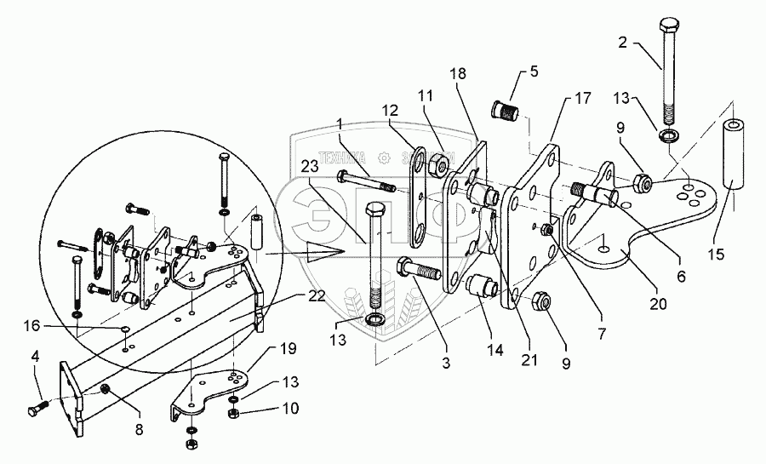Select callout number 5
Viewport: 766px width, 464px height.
[x=534, y=72]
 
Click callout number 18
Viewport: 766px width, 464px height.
[x=460, y=76]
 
